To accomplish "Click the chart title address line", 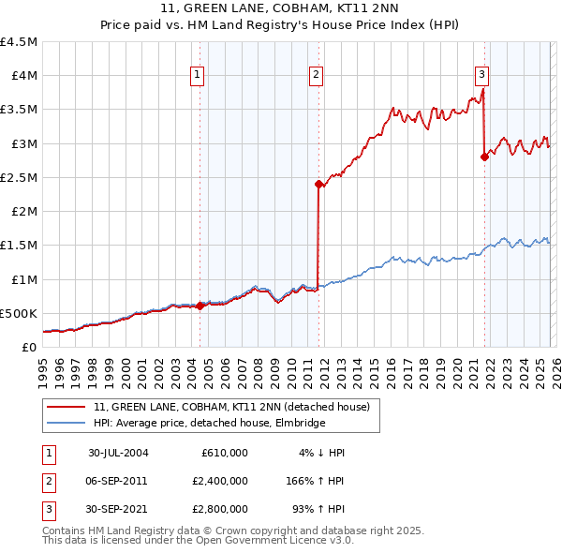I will coord(281,8).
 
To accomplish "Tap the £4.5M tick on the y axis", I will coord(20,42).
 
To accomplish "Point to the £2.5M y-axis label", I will coord(20,177).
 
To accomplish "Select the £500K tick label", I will coord(20,313).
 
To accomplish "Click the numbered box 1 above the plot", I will coord(199,76).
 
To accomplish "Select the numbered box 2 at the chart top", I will coord(317,76).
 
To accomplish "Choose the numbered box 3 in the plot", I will coord(481,76).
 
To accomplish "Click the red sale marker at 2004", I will coord(200,306).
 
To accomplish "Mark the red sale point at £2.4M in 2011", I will coord(318,185).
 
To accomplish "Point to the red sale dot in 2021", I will coord(484,157).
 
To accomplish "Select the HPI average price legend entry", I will coord(208,423).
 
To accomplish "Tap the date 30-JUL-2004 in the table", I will coord(118,453).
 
